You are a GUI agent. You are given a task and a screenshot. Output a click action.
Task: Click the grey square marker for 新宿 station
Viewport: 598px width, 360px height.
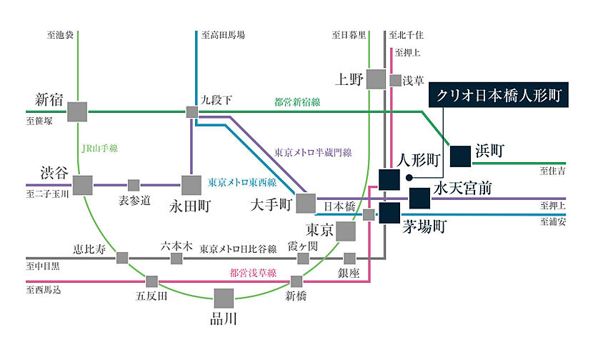[x=77, y=111]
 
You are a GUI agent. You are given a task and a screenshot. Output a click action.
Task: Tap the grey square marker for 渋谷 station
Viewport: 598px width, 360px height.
[x=83, y=185]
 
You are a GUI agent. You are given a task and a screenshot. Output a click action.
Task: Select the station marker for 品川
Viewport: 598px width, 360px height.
[x=224, y=298]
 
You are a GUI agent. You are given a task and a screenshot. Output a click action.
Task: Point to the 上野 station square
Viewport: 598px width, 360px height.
[x=376, y=79]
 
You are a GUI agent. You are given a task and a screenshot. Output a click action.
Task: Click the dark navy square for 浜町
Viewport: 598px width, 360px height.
[x=461, y=151]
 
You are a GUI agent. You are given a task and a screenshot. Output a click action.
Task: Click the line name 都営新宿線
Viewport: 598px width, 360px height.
[x=297, y=102]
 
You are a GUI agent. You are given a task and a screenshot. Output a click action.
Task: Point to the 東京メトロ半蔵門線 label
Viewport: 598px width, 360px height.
[x=314, y=152]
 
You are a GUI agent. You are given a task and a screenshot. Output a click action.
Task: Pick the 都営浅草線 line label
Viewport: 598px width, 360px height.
[x=251, y=272]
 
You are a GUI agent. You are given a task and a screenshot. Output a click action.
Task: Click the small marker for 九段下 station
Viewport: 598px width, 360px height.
[x=192, y=111]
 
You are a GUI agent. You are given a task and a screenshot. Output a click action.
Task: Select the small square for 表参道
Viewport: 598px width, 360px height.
[x=134, y=185]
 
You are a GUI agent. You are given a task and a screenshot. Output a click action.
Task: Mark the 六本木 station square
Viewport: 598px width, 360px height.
[x=176, y=257]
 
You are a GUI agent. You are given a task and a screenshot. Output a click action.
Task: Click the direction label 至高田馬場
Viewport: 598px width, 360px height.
[x=223, y=34]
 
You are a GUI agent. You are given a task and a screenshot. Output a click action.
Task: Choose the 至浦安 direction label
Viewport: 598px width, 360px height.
[x=553, y=222]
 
